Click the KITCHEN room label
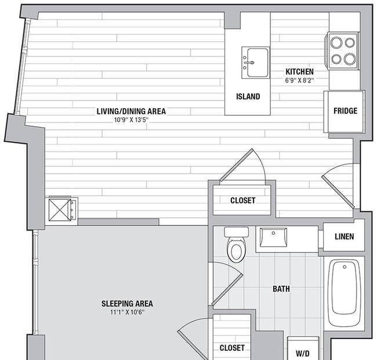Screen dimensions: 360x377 299,72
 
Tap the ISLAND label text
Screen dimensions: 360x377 248,97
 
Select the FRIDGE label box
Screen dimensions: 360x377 345,111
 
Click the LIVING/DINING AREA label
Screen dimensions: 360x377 127,111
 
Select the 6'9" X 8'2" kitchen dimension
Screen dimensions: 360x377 299,81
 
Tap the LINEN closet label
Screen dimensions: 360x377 343,237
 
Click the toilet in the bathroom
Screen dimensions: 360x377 236,247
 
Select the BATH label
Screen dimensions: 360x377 281,289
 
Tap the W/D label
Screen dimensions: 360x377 303,352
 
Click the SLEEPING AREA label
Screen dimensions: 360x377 127,303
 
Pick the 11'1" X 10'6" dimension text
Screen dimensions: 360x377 127,312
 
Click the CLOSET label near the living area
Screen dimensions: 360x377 242,200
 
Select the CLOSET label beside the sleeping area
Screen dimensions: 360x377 231,348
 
